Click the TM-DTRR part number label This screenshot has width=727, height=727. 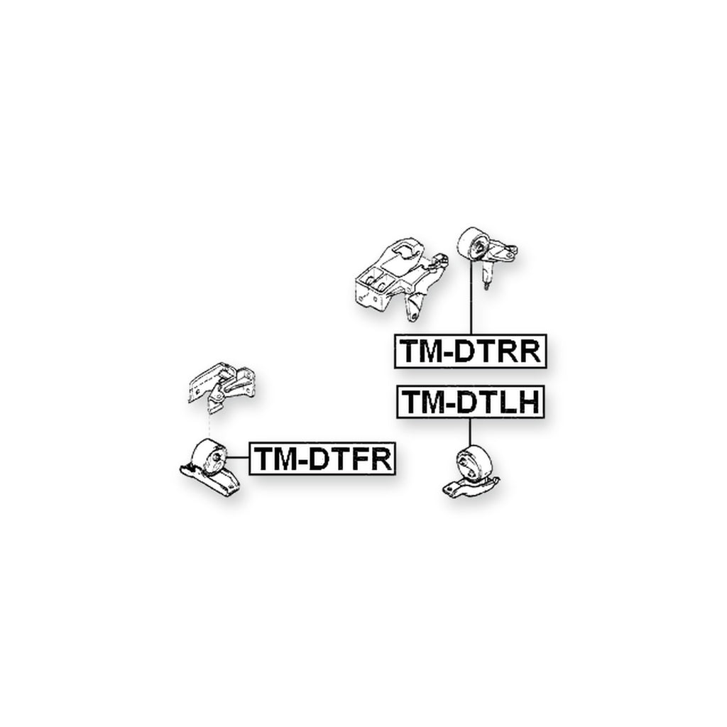470,351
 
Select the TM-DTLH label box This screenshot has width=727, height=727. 470,402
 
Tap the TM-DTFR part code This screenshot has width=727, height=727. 322,459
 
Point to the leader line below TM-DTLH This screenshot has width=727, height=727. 470,432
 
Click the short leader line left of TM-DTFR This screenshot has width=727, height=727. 238,458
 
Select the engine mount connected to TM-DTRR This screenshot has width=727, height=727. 487,255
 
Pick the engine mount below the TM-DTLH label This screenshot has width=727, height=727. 471,472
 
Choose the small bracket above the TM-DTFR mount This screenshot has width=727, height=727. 222,388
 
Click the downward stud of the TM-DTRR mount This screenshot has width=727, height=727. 486,278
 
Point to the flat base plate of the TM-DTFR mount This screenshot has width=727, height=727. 211,482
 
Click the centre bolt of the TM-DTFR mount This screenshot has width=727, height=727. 216,457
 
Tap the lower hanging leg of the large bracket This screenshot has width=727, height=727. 414,308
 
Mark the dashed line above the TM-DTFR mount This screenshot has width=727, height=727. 209,426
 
